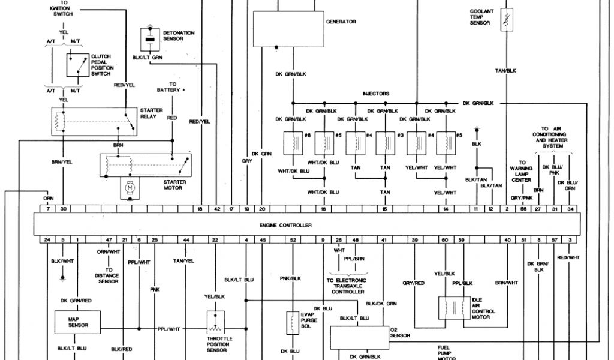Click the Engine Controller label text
pos(285,225)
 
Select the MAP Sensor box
pos(79,323)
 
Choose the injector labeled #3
pos(384,143)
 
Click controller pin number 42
pos(216,208)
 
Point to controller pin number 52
pos(293,240)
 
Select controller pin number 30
pos(63,208)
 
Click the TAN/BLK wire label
pos(505,71)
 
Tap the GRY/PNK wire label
pos(522,197)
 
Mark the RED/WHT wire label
pos(569,257)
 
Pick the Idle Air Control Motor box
pos(454,308)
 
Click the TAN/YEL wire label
pos(184,260)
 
